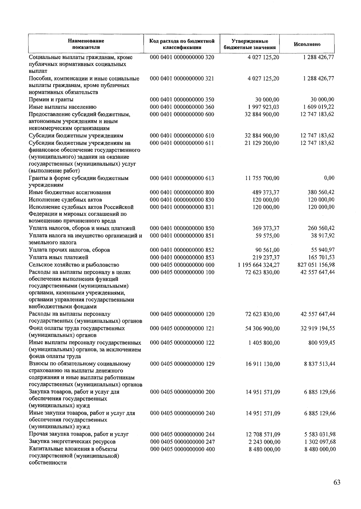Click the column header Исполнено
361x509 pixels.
point(307,44)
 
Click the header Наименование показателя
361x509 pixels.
point(86,44)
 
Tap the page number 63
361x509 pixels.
point(337,483)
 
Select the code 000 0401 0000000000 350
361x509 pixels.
point(182,100)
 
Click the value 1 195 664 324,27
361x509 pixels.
point(258,265)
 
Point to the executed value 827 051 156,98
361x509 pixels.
point(316,265)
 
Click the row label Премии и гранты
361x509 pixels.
point(51,100)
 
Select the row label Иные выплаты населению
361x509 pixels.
point(63,107)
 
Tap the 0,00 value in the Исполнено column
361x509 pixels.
point(329,178)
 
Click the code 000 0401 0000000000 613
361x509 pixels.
point(182,178)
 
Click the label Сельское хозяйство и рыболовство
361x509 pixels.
point(74,265)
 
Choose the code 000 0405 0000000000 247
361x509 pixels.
point(182,442)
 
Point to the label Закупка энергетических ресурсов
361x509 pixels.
point(72,442)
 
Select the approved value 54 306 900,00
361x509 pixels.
point(262,328)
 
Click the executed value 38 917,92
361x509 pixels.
point(322,235)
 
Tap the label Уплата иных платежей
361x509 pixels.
point(59,257)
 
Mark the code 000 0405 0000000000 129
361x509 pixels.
point(182,364)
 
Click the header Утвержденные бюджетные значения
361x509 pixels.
point(250,44)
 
